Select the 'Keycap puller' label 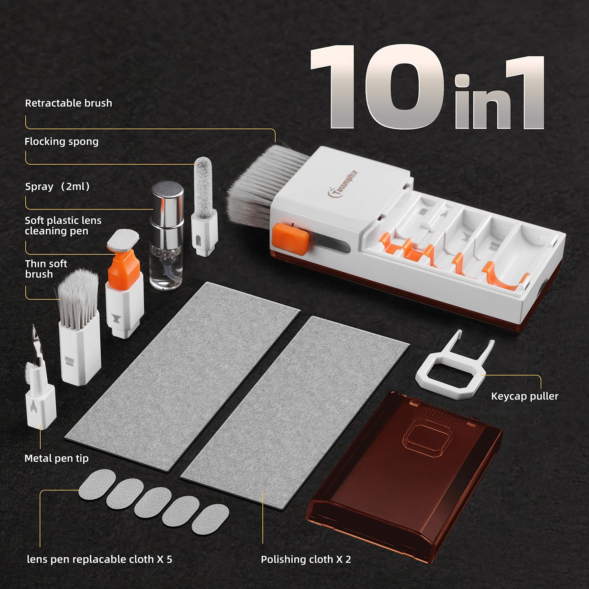click(524, 396)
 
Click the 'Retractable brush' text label click(68, 103)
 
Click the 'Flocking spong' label click(62, 141)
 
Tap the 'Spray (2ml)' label click(57, 187)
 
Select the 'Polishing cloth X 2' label click(306, 559)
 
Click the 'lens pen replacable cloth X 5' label click(99, 559)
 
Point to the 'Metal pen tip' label click(56, 458)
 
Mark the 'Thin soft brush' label click(46, 269)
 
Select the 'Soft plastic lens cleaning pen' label click(63, 225)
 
